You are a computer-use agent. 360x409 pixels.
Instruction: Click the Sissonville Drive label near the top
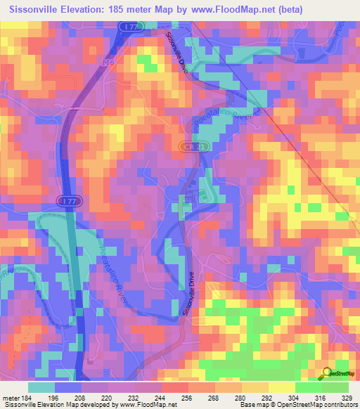[x=173, y=50]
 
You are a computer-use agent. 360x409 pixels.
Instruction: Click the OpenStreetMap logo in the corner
[x=337, y=373]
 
